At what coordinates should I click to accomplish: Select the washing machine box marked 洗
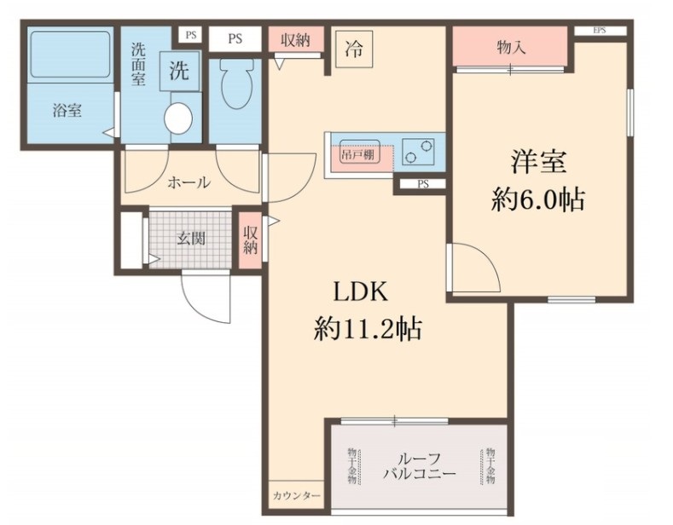(178, 72)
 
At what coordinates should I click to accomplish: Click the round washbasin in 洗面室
(179, 118)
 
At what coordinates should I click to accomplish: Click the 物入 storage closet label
(511, 48)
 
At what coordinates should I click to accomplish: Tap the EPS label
(600, 31)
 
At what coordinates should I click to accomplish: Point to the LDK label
(360, 292)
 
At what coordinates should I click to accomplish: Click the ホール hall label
(189, 182)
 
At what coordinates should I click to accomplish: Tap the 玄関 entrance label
(190, 239)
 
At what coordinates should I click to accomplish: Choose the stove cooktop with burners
(419, 150)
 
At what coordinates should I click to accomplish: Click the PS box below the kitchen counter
(422, 184)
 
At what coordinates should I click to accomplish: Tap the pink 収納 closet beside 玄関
(250, 240)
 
